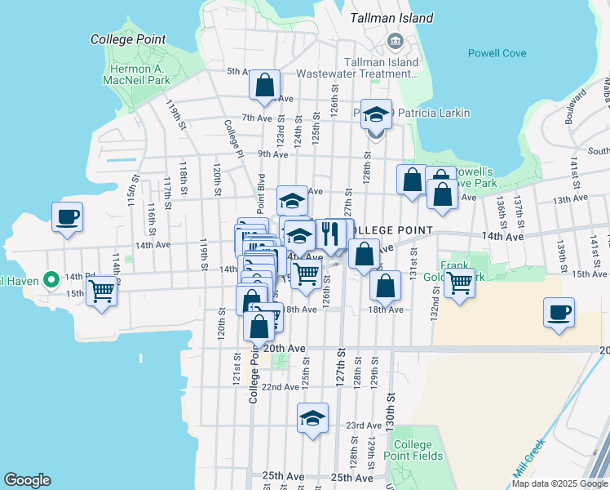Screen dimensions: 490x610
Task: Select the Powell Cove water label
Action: point(497,53)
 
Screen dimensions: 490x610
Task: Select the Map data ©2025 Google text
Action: point(559,483)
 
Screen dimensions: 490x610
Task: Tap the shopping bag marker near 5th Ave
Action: point(264,85)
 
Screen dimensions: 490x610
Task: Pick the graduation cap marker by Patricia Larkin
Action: point(376,114)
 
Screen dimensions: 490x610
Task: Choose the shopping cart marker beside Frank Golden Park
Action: point(460,283)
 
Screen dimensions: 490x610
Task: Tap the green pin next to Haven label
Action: point(51,280)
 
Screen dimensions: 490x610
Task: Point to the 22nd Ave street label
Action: point(280,387)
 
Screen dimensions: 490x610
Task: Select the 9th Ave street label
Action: point(273,154)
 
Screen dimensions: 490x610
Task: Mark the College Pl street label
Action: point(234,139)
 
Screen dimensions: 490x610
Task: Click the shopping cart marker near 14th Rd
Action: point(102,290)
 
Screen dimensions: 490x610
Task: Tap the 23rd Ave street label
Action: point(364,425)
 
